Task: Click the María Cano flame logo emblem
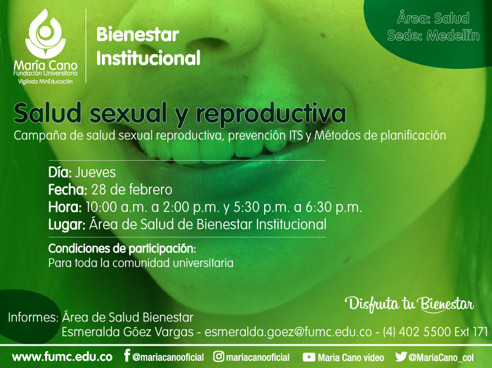[x=45, y=33]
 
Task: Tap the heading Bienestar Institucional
[x=148, y=47]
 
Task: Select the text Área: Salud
[x=434, y=18]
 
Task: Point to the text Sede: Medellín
[x=434, y=35]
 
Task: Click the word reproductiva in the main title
[x=271, y=114]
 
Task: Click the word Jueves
[x=95, y=172]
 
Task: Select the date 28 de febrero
[x=132, y=190]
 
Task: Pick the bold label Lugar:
[x=67, y=225]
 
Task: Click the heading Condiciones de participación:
[x=122, y=249]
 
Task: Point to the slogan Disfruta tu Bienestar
[x=409, y=304]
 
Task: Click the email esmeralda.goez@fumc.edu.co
[x=288, y=332]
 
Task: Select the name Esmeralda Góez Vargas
[x=127, y=332]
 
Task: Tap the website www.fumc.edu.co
[x=62, y=357]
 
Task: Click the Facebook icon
[x=127, y=355]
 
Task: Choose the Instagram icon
[x=219, y=357]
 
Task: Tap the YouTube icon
[x=309, y=357]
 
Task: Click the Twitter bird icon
[x=401, y=357]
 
